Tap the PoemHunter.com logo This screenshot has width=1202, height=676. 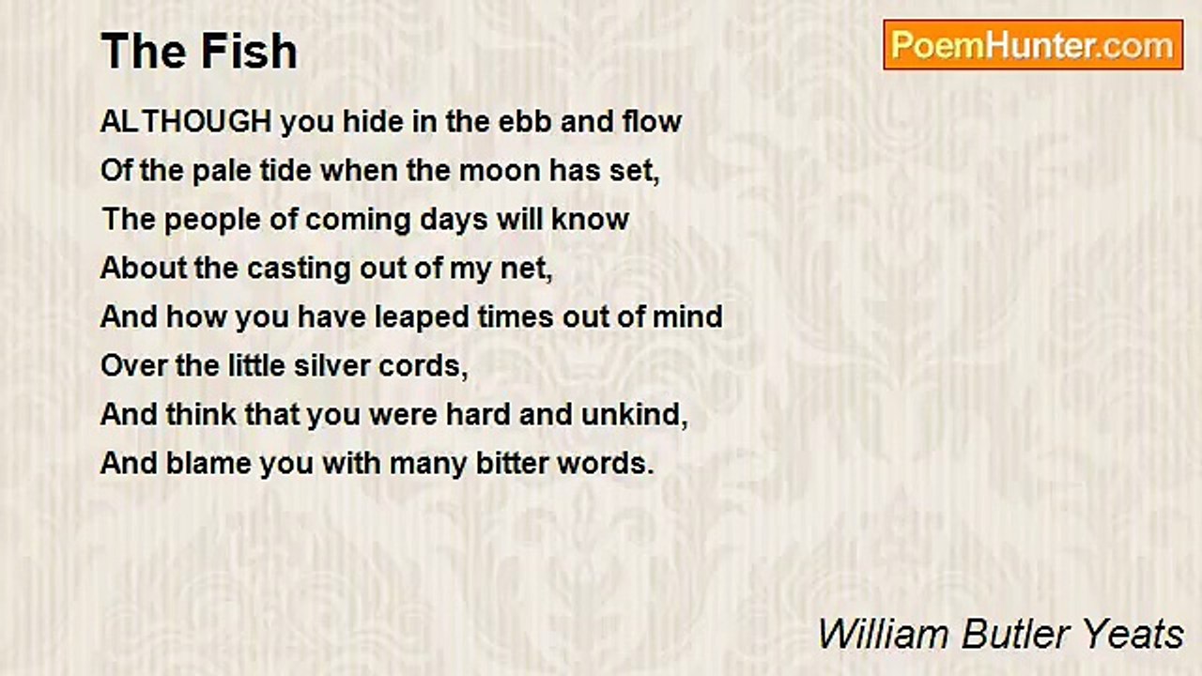pos(1033,45)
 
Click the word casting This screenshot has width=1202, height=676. pos(285,269)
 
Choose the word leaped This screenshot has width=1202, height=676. pos(421,316)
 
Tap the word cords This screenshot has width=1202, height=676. pos(427,365)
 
